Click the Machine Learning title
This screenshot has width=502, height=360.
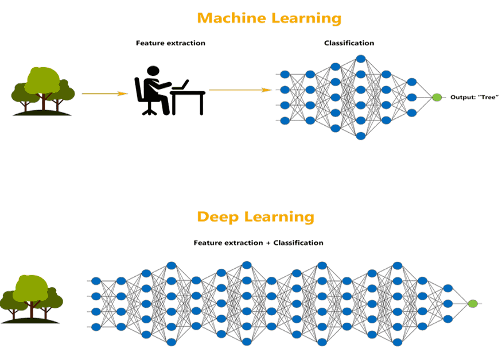[268, 18]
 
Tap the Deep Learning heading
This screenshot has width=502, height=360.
[255, 217]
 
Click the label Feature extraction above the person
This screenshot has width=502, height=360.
[170, 43]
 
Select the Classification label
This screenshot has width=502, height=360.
[349, 43]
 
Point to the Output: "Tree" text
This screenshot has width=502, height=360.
[474, 98]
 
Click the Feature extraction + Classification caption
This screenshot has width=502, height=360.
[258, 243]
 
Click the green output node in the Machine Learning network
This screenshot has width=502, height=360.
[437, 98]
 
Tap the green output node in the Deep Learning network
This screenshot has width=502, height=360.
[473, 304]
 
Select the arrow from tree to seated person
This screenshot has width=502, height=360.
[104, 93]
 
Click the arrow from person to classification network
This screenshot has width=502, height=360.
[240, 90]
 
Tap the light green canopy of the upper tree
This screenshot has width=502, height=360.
[42, 80]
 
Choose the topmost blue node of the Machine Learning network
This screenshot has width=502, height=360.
[360, 59]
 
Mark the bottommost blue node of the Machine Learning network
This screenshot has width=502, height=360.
[360, 136]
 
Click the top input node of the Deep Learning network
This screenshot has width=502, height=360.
[96, 281]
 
